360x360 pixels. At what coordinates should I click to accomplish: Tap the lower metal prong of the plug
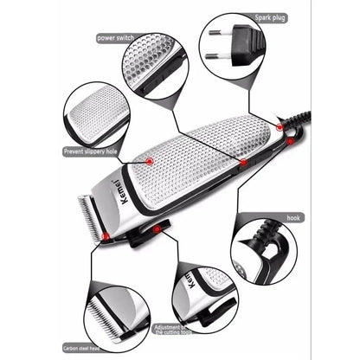pos(216,57)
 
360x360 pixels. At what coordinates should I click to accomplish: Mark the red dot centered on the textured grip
pos(150,161)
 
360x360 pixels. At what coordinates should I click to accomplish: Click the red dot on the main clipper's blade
pos(106,235)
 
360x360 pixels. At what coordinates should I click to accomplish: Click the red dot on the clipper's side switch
pos(243,162)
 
